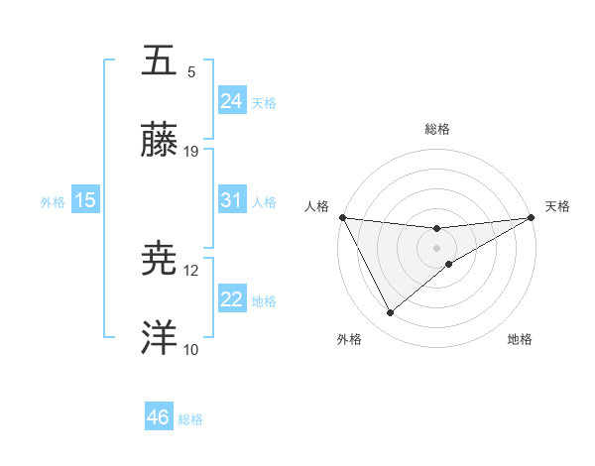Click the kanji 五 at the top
[x=159, y=60]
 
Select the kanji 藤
[x=159, y=142]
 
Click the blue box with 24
[x=231, y=101]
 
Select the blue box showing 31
[x=231, y=200]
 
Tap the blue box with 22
[x=231, y=299]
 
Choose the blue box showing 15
[x=85, y=200]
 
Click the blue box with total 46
[x=158, y=417]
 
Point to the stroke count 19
[x=191, y=152]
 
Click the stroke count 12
[x=191, y=270]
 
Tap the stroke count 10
[x=191, y=349]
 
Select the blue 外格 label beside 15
[x=53, y=201]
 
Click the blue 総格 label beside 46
[x=190, y=418]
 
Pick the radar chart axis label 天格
[x=557, y=206]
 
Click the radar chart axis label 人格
[x=316, y=206]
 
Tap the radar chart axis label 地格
[x=520, y=339]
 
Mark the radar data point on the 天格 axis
[x=533, y=217]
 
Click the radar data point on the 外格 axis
[x=390, y=313]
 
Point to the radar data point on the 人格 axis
[x=342, y=217]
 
